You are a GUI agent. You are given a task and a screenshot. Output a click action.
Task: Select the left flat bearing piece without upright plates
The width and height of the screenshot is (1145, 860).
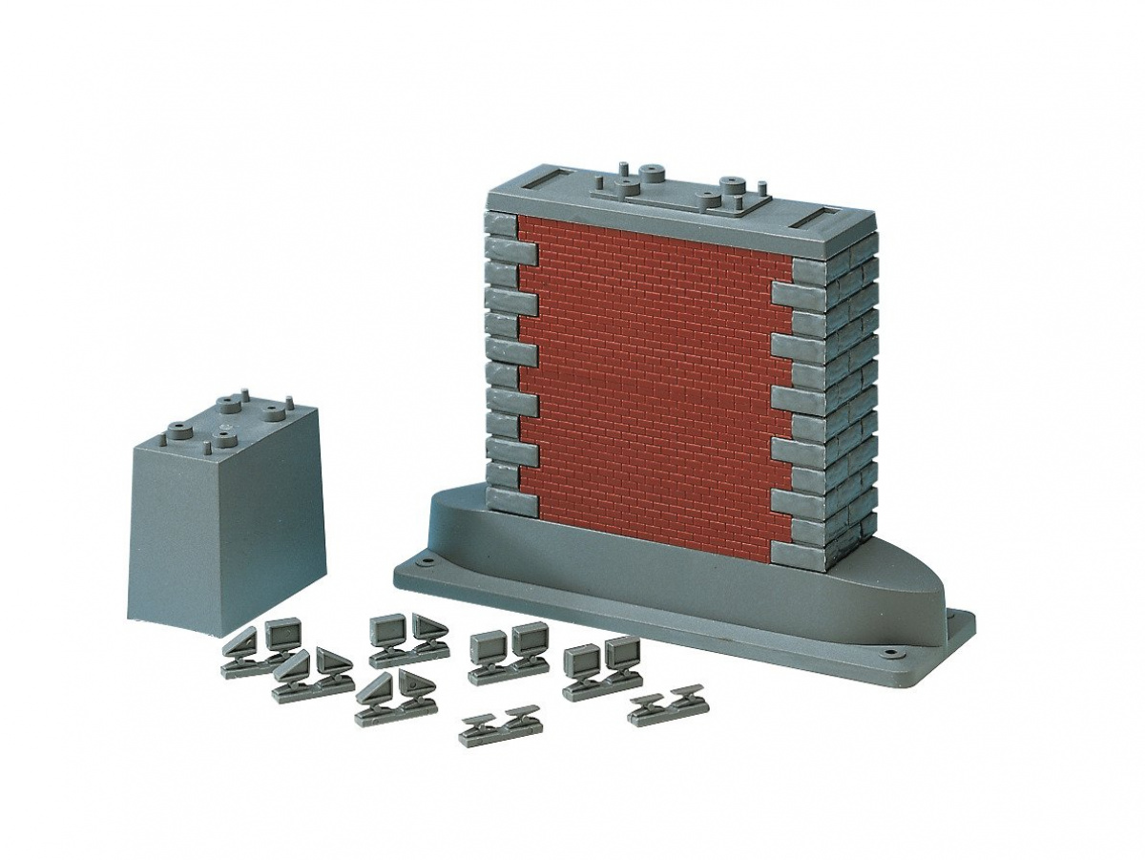[499, 727]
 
